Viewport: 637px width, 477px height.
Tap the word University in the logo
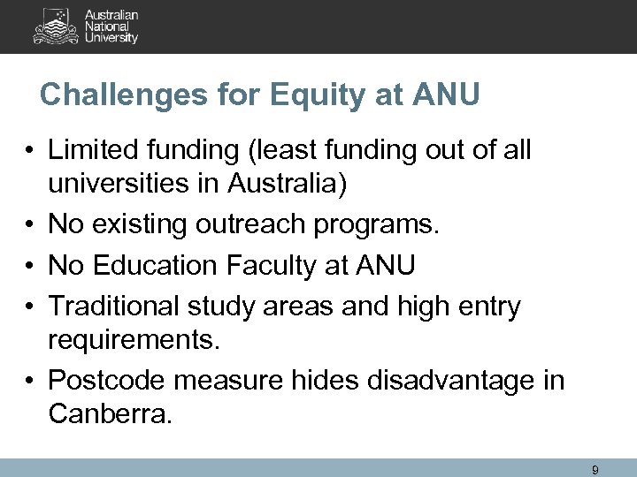tap(112, 38)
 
